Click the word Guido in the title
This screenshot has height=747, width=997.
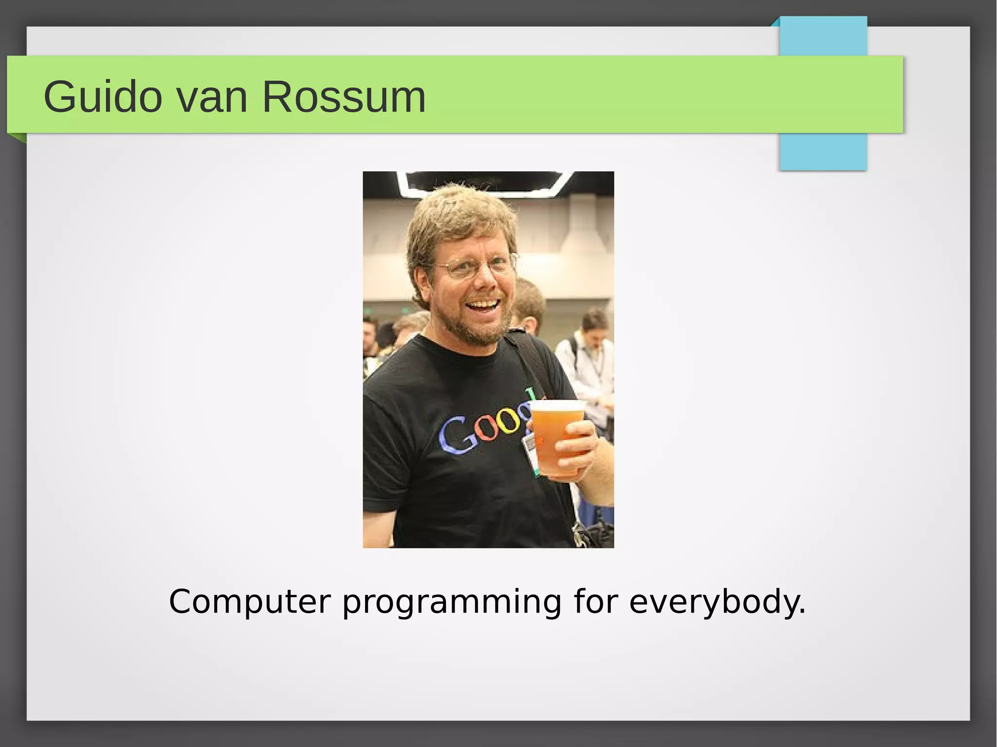pos(102,97)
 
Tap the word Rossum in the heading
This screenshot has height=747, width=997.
pos(344,97)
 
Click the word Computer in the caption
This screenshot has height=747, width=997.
pos(249,602)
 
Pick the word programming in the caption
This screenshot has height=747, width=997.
pos(452,602)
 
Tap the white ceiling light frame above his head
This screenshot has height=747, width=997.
pos(487,182)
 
